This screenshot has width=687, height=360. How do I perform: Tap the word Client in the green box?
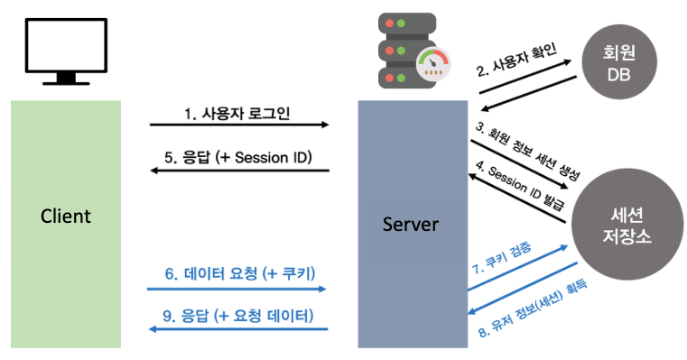(66, 217)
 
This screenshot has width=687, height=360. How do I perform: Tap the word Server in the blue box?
(411, 223)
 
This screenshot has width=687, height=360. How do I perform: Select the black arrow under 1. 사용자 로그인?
(239, 126)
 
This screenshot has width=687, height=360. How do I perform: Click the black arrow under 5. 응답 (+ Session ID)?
(239, 171)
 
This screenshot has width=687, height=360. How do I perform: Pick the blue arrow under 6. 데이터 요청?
(237, 289)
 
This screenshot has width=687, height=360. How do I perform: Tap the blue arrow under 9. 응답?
(237, 329)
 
